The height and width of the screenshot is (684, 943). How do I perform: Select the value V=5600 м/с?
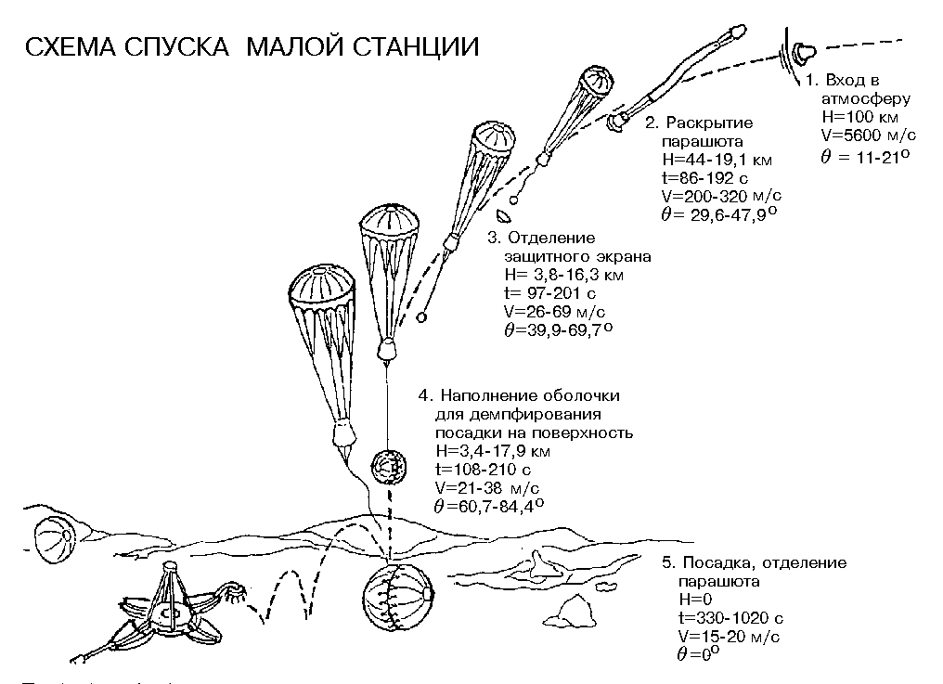click(864, 136)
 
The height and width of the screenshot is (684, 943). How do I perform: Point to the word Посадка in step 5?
click(715, 563)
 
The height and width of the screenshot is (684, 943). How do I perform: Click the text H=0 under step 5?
click(693, 600)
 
